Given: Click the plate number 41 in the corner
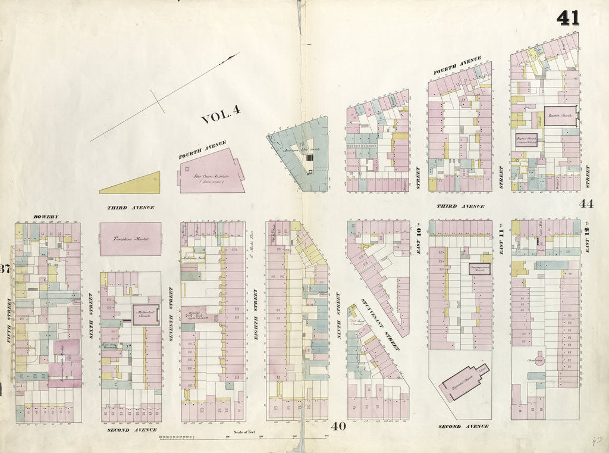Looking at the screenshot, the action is [568, 18].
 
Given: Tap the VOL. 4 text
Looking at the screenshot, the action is [221, 115].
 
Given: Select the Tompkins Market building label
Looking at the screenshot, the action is [130, 239].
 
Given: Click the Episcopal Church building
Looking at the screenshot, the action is [463, 383].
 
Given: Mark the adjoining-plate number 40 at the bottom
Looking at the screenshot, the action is [338, 426].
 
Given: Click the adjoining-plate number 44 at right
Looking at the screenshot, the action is [586, 204].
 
